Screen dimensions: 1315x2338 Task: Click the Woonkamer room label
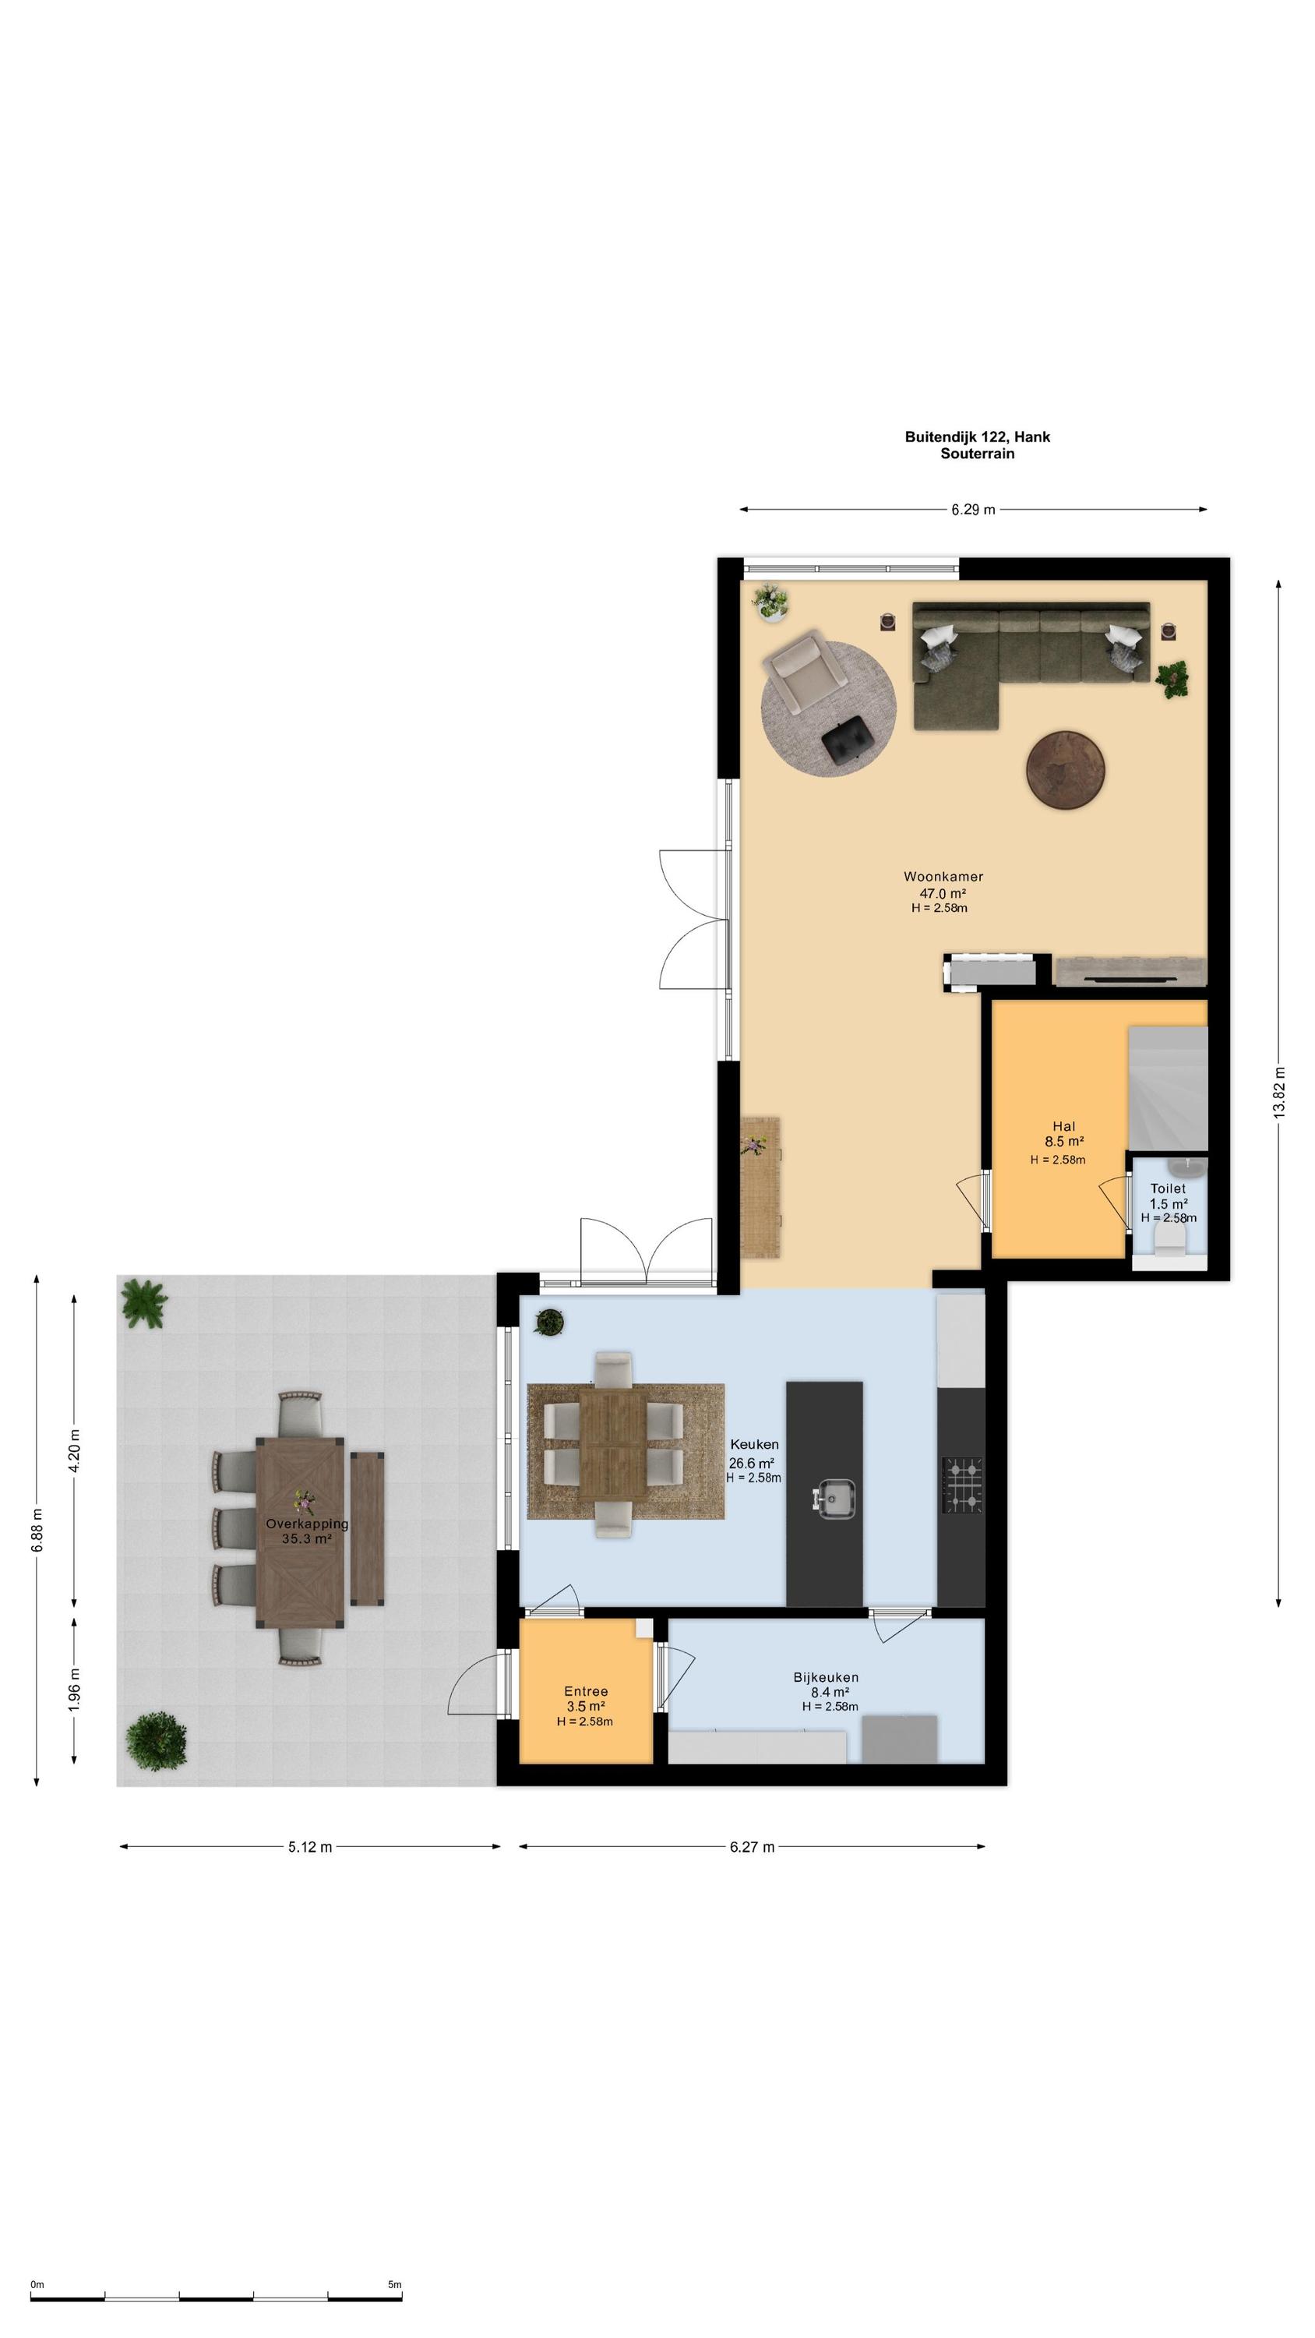click(x=943, y=877)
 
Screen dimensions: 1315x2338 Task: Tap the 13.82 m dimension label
click(x=1280, y=1092)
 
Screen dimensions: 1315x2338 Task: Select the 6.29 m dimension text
click(x=973, y=510)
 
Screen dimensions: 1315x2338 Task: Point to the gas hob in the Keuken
click(x=962, y=1485)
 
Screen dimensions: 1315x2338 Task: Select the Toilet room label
click(x=1168, y=1188)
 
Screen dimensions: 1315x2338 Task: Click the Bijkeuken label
click(x=826, y=1677)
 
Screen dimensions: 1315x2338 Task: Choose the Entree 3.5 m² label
click(x=587, y=1699)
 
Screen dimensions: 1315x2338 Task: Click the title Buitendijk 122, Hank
click(x=978, y=436)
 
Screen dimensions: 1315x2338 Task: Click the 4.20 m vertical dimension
click(x=75, y=1450)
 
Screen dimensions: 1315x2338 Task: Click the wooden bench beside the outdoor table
click(x=368, y=1529)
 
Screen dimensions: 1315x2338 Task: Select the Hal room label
click(x=1064, y=1126)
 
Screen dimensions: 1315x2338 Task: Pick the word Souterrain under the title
click(x=978, y=454)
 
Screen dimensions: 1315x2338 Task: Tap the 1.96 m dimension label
click(x=75, y=1689)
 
